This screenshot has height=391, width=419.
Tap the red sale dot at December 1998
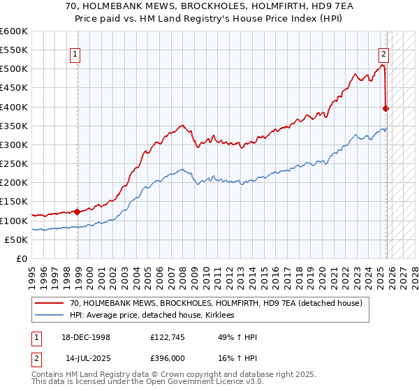pos(77,212)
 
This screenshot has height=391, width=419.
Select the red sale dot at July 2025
pos(386,108)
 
